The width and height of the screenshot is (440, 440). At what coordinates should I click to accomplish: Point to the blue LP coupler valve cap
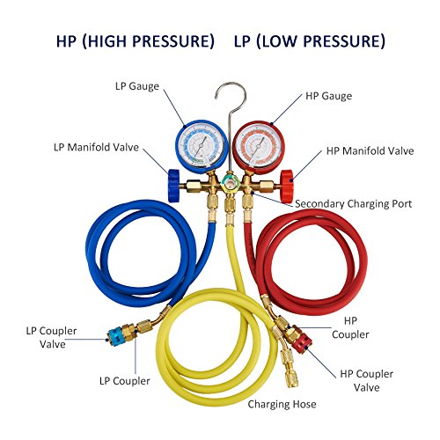point(114,334)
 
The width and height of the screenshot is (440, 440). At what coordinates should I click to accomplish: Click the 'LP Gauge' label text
point(136,86)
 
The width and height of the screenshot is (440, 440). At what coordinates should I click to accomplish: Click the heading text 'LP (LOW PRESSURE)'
point(309,41)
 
